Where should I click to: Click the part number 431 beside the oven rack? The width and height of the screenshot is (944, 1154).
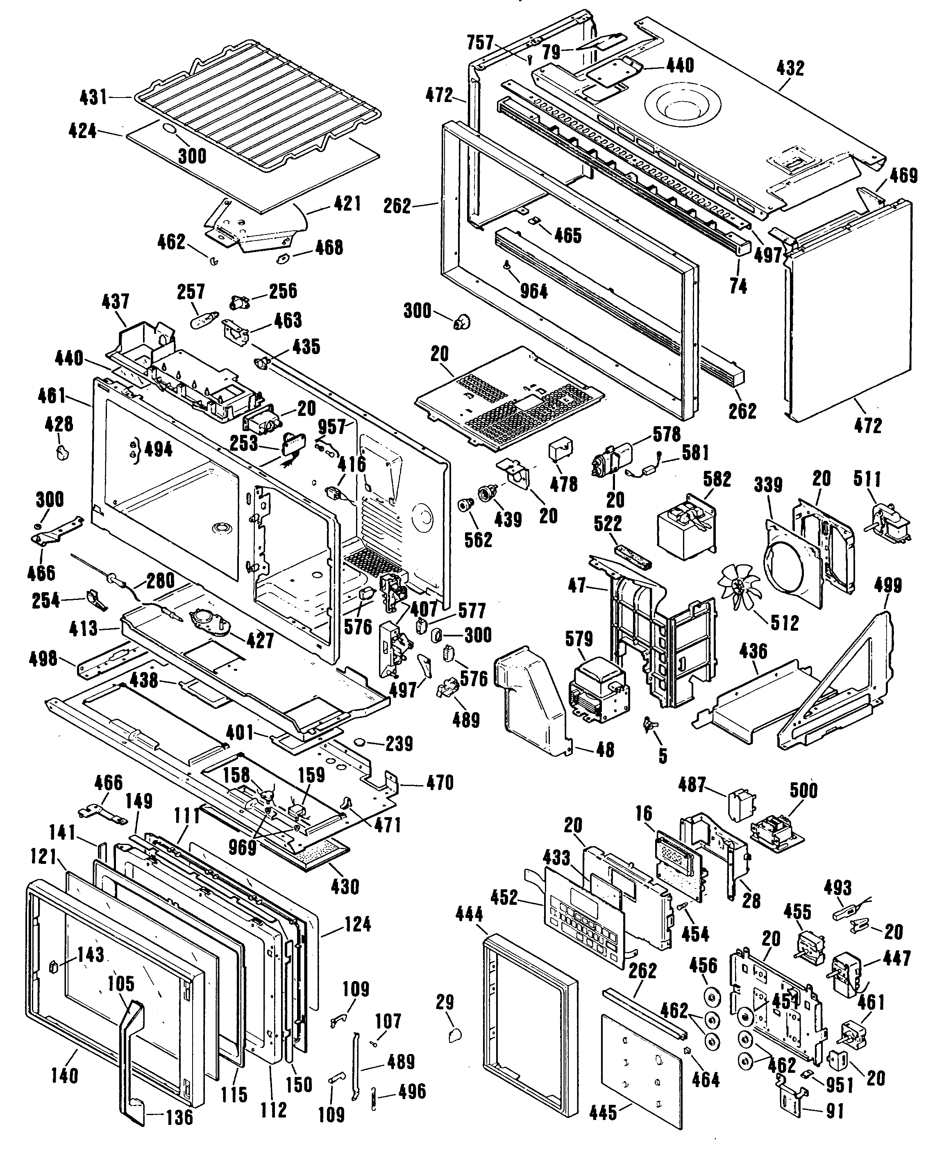(x=93, y=98)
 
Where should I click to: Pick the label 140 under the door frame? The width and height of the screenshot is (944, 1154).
(x=64, y=1075)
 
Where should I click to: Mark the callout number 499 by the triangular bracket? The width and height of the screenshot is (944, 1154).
(x=887, y=585)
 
